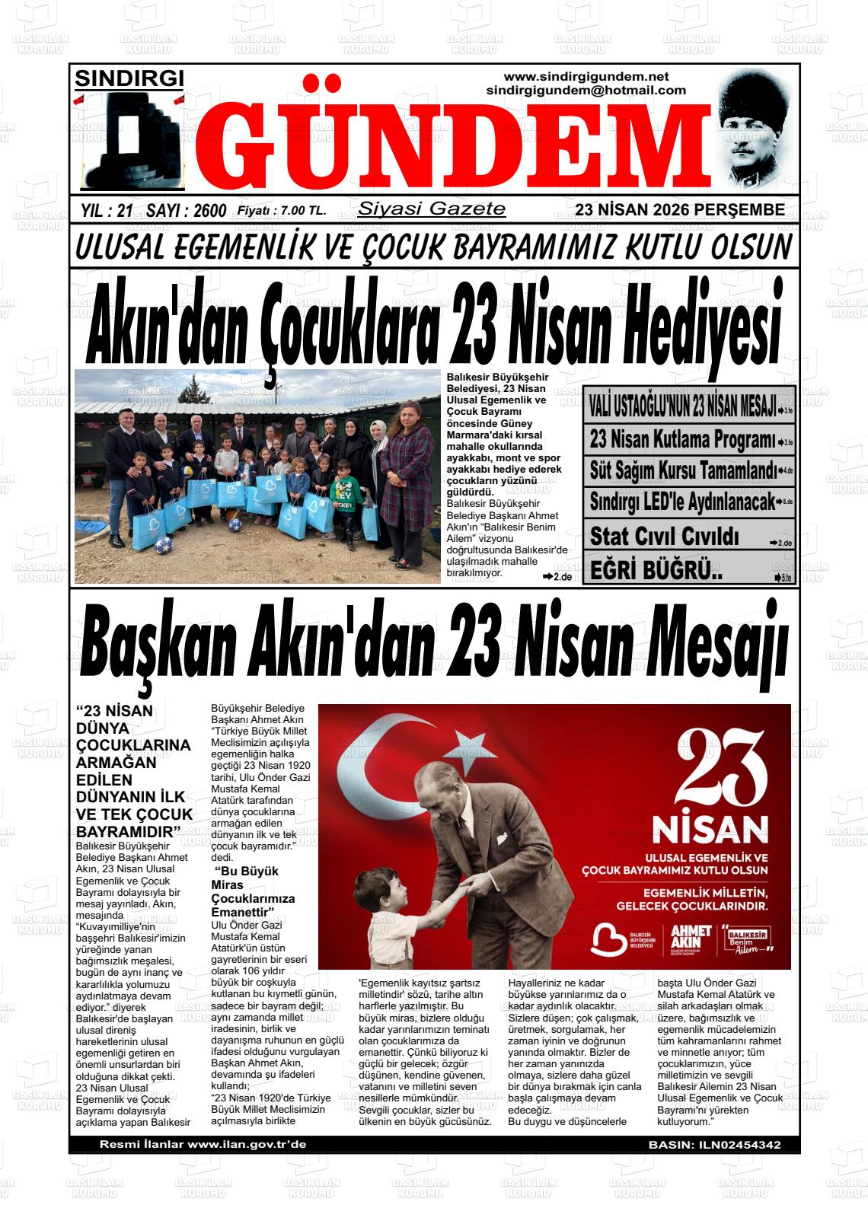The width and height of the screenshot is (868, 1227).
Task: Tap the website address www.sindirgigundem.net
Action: coord(586,77)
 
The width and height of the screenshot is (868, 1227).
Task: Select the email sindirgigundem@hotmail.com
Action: coord(586,91)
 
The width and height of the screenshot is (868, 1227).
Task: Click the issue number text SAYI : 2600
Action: coord(186,211)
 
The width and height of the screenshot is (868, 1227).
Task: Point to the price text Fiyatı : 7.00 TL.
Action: coord(282,211)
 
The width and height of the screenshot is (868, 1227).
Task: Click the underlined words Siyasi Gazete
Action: coord(432,209)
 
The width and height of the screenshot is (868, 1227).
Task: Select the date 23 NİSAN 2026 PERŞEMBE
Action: coord(680,210)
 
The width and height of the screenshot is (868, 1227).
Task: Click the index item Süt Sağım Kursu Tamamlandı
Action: coord(683,470)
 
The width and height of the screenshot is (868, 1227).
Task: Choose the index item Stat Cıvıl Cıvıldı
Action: coord(664,536)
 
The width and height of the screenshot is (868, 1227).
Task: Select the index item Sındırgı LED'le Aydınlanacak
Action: coord(683,502)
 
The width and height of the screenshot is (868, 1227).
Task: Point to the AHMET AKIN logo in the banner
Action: coord(691,941)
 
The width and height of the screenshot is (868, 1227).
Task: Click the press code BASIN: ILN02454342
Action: coord(714,1145)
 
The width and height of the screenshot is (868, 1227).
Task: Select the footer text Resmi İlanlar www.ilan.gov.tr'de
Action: coord(203,1145)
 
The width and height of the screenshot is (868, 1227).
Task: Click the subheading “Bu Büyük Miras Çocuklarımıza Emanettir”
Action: coord(253,891)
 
